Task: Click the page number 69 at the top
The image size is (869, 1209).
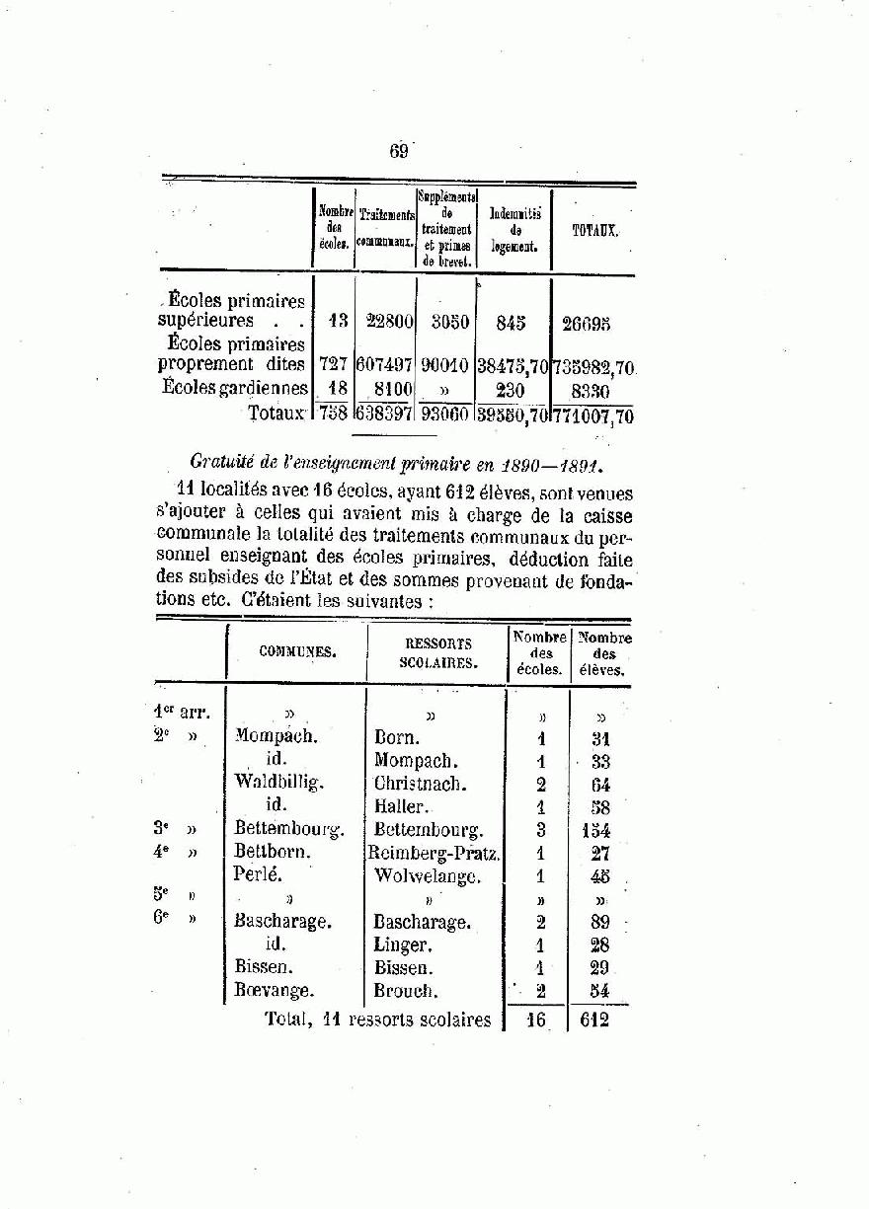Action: click(x=399, y=151)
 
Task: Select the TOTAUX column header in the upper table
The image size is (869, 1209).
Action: click(x=595, y=230)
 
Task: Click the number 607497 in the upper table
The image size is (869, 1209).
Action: click(x=385, y=365)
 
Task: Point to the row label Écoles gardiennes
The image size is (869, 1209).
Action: click(x=235, y=388)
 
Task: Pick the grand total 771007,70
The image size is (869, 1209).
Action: click(x=593, y=416)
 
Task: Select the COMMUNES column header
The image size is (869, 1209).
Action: click(x=297, y=651)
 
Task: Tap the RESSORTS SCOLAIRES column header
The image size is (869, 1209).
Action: click(x=438, y=653)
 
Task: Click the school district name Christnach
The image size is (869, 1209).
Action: click(x=420, y=785)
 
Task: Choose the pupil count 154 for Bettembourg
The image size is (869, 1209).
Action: click(x=595, y=831)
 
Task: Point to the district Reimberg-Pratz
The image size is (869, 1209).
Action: click(x=434, y=853)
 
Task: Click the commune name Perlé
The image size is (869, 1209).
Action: click(x=258, y=874)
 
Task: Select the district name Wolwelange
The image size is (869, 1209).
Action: click(x=428, y=875)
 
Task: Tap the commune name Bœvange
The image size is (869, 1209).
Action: click(x=275, y=990)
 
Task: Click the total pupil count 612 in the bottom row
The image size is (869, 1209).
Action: click(x=594, y=1020)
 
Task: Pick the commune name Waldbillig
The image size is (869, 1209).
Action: click(x=279, y=782)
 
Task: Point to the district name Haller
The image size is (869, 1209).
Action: click(x=399, y=806)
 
